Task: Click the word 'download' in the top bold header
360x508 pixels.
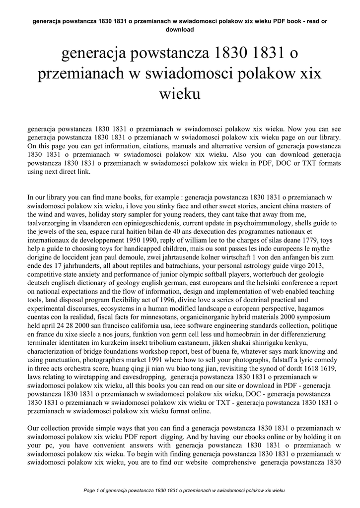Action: click(x=180, y=29)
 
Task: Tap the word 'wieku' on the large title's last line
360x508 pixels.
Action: click(x=180, y=93)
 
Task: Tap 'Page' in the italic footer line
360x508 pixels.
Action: click(x=90, y=490)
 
